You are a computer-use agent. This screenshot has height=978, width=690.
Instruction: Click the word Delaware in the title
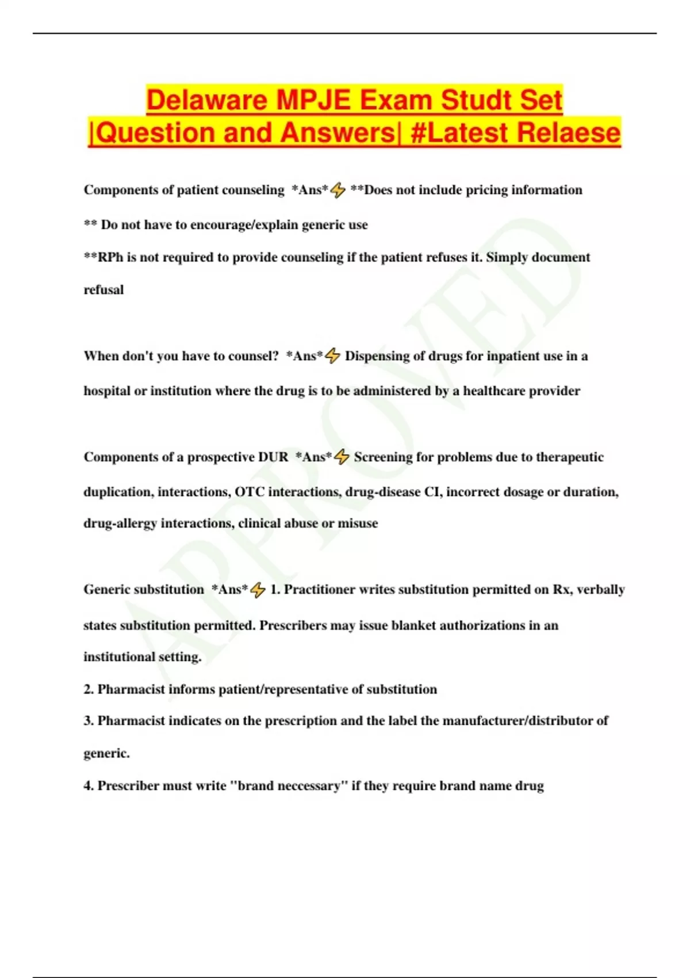click(207, 100)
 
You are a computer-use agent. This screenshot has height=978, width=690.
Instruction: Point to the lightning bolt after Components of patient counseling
click(338, 190)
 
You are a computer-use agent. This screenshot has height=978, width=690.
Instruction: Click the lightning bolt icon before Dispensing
click(333, 357)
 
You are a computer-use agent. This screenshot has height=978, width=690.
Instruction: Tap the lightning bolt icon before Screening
click(342, 457)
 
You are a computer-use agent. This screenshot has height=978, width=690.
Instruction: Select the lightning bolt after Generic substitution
click(258, 590)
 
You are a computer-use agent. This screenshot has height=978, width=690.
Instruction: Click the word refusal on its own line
click(103, 290)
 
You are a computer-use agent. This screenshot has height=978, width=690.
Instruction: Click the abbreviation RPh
click(110, 257)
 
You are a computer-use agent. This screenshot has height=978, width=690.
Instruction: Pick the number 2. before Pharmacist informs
click(89, 689)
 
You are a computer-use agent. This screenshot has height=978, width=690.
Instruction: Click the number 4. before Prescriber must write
click(89, 786)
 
